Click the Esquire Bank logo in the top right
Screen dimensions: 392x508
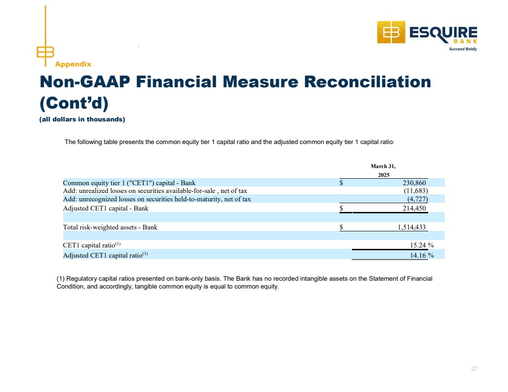click(x=427, y=33)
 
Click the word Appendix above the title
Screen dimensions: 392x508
click(x=73, y=64)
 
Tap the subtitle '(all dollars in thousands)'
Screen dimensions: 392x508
click(x=83, y=120)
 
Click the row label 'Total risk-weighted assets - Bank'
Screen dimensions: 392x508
click(x=110, y=227)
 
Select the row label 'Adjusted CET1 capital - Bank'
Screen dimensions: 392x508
click(x=106, y=208)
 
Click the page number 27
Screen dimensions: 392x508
click(x=474, y=369)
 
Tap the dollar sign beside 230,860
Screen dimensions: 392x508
click(x=341, y=182)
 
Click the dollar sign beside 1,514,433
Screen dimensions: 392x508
click(x=341, y=227)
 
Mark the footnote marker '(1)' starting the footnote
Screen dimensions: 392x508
click(x=60, y=279)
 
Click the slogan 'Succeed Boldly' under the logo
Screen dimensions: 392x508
click(x=463, y=49)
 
